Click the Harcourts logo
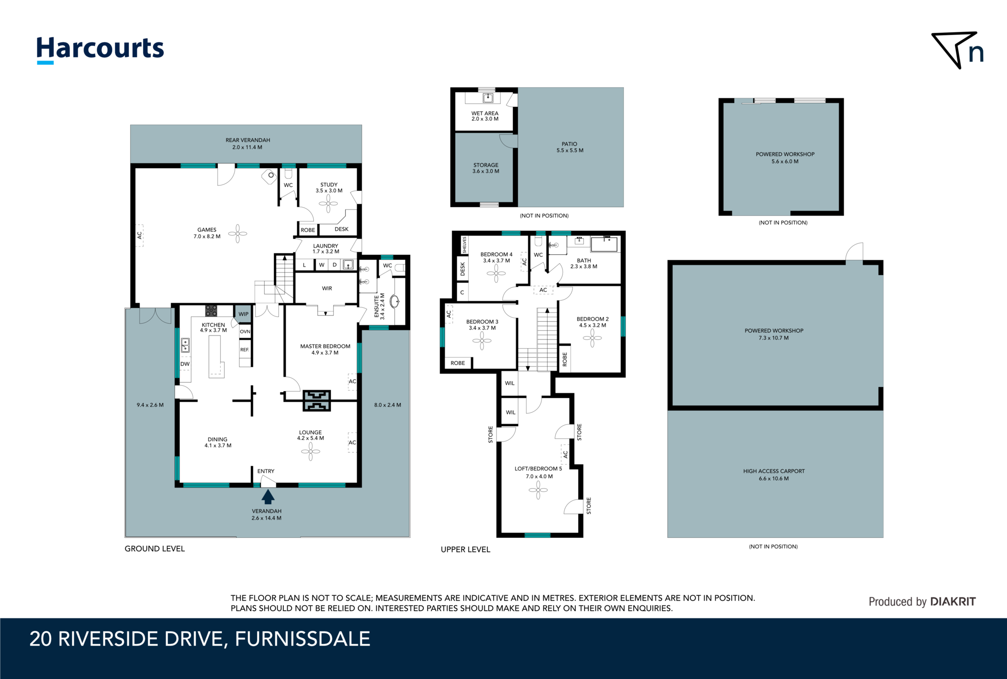(x=100, y=50)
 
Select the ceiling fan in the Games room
(x=237, y=234)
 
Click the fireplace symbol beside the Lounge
(x=317, y=401)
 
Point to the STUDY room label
(x=329, y=185)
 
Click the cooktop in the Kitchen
(x=211, y=310)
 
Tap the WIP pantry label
(x=244, y=314)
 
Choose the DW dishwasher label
(x=185, y=364)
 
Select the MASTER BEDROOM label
(x=326, y=346)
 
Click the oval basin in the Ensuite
(x=394, y=301)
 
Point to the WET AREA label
(x=485, y=113)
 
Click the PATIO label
(x=569, y=144)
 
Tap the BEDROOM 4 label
(x=496, y=254)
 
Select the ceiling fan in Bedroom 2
(x=592, y=338)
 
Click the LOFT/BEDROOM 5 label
(x=538, y=469)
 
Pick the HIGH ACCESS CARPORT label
(x=774, y=471)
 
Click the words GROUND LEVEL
(x=155, y=549)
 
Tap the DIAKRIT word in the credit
(x=953, y=601)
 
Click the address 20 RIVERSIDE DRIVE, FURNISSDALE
(x=200, y=639)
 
